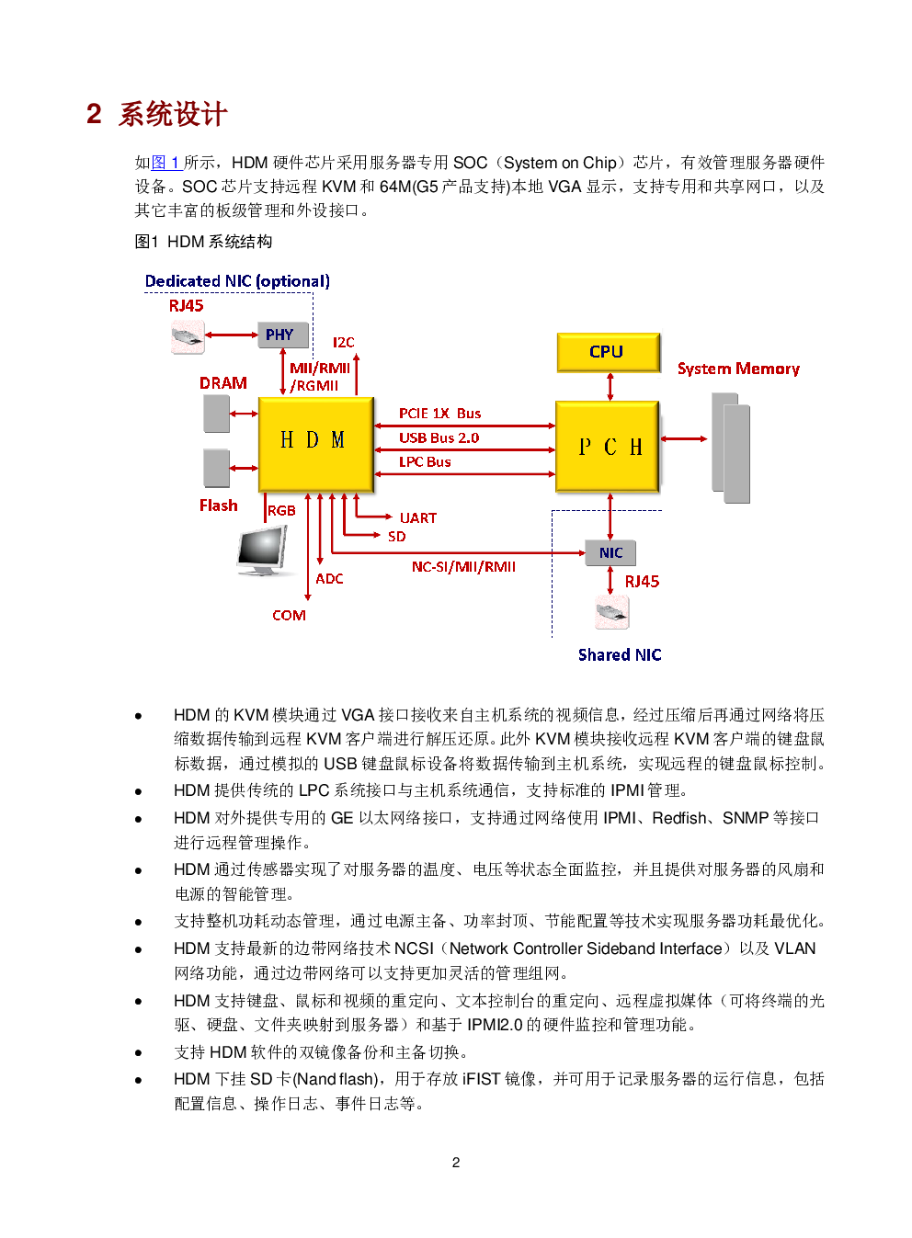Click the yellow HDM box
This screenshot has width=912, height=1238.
tap(316, 444)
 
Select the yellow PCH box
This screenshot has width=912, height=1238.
tap(608, 447)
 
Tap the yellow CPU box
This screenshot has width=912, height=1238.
tap(608, 352)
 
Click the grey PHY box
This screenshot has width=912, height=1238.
tap(283, 335)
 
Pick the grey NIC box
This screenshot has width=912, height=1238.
tap(610, 552)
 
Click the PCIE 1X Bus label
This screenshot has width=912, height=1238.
tap(440, 414)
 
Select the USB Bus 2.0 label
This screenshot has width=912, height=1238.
tap(439, 437)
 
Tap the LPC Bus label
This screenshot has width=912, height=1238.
tap(425, 461)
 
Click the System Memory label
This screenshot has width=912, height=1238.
tap(738, 369)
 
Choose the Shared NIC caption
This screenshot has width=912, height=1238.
tap(620, 655)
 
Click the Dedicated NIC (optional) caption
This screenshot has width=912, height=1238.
tap(237, 281)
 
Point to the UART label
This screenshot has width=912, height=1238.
tap(418, 517)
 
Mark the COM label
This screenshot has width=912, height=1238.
tap(289, 615)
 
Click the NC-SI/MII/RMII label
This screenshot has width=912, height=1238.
tap(463, 566)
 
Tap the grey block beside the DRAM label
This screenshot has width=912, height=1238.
tap(217, 414)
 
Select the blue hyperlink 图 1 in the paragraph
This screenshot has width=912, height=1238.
tap(166, 163)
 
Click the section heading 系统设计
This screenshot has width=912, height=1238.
tap(173, 114)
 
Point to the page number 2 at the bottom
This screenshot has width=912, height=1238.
tap(455, 1163)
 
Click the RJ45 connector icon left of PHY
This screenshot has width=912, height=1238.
tap(188, 336)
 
